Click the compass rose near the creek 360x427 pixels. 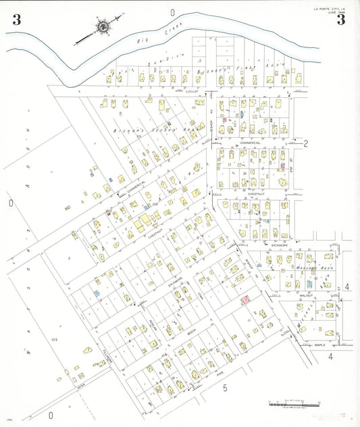pyautogui.click(x=103, y=28)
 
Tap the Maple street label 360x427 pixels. pyautogui.click(x=319, y=345)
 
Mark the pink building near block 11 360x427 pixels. pyautogui.click(x=245, y=299)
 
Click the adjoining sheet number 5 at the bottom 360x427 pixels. pyautogui.click(x=224, y=388)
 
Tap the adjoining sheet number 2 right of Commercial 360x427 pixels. pyautogui.click(x=305, y=143)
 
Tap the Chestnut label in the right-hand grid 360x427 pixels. pyautogui.click(x=255, y=193)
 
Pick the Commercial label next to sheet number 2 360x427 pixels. pyautogui.click(x=250, y=143)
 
